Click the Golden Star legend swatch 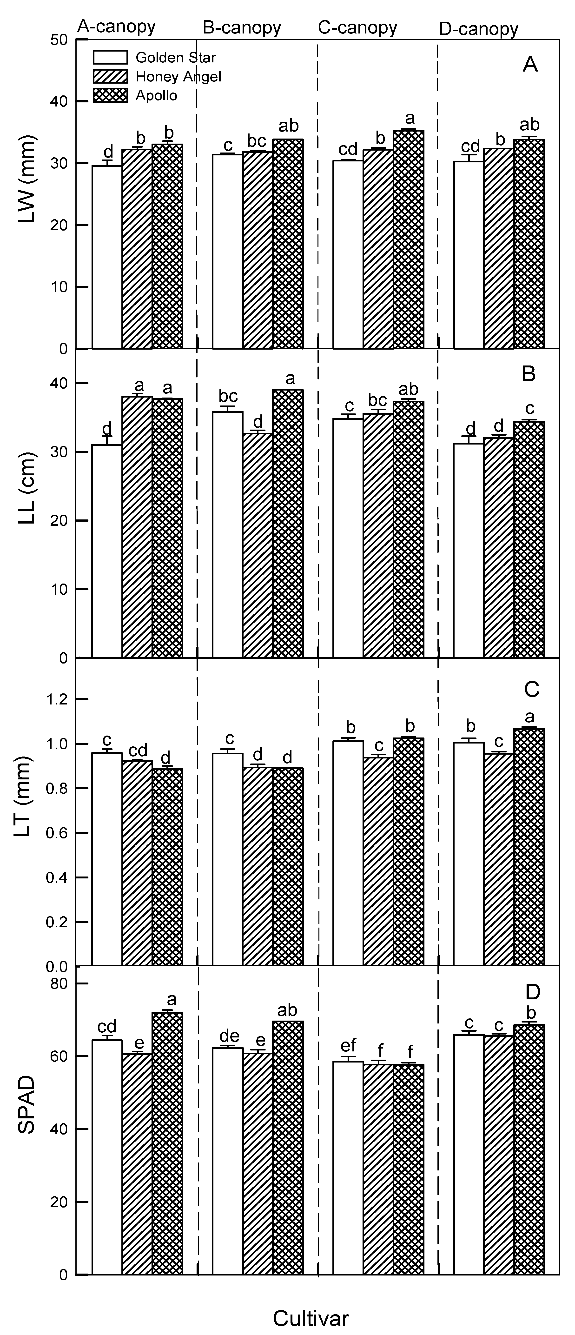pyautogui.click(x=110, y=57)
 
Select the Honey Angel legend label pyautogui.click(x=178, y=77)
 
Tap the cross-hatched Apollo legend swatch pyautogui.click(x=110, y=95)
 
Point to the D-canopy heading pyautogui.click(x=478, y=29)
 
